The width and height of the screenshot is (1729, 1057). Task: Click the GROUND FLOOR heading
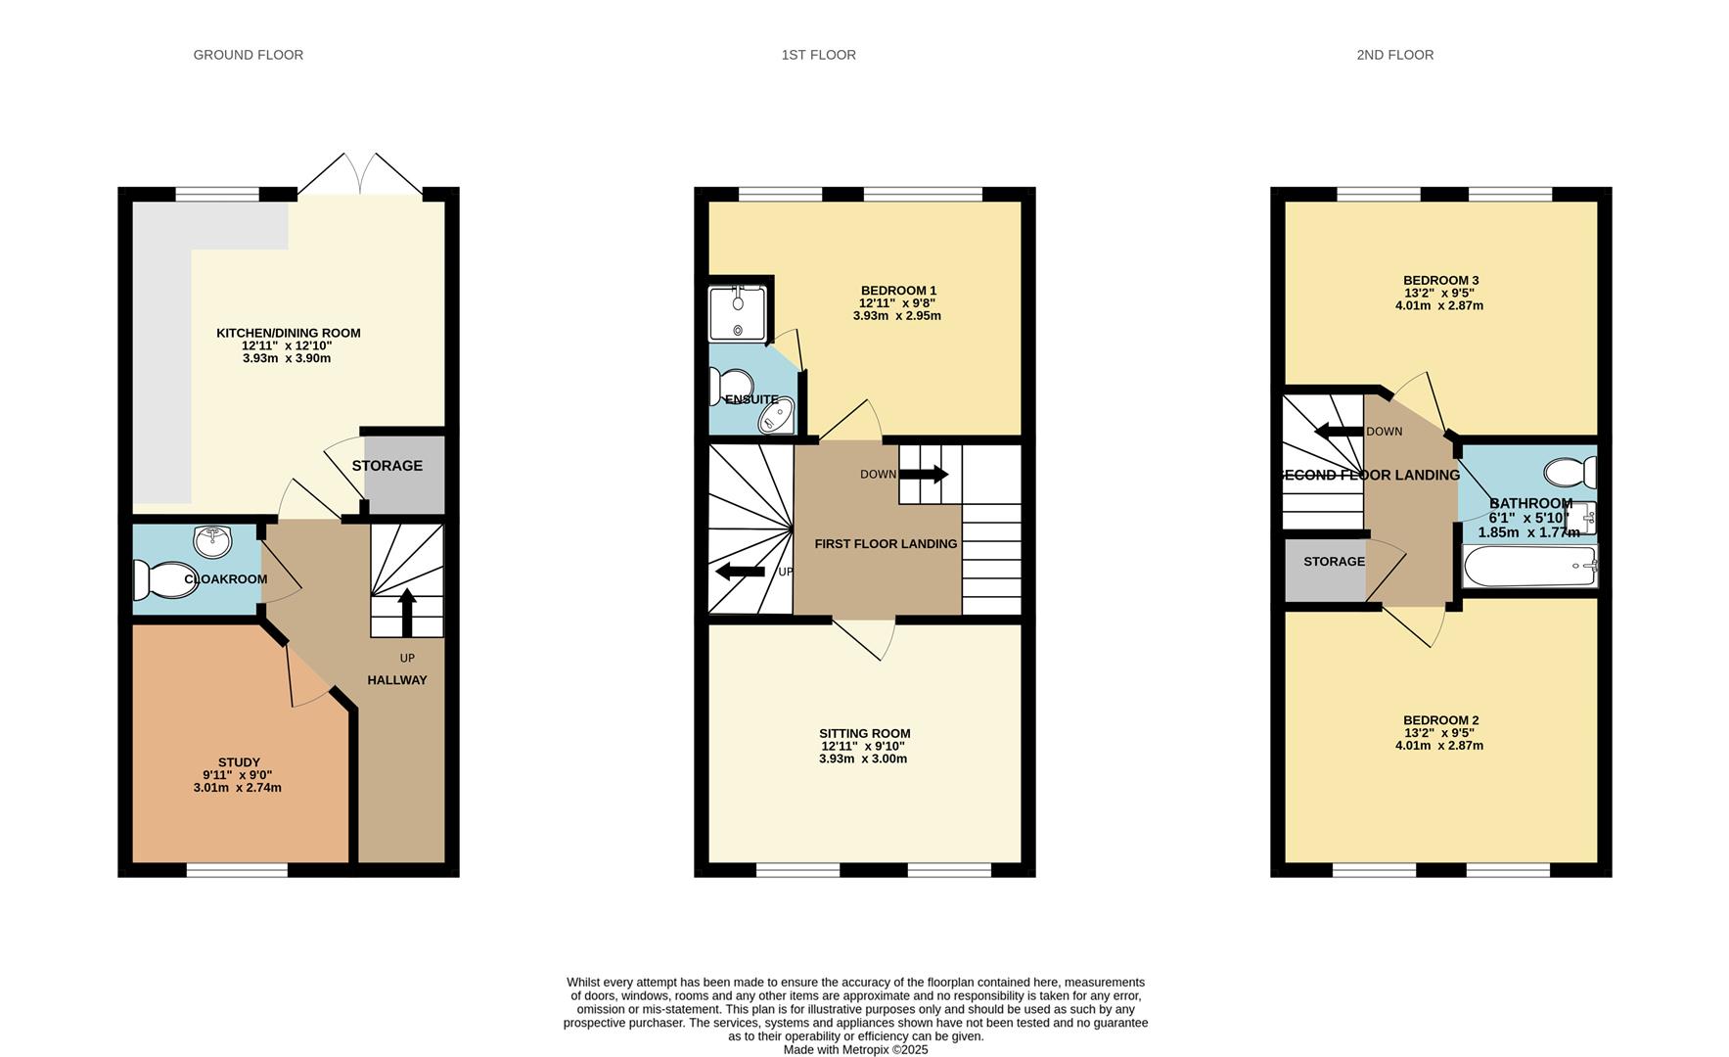tap(249, 55)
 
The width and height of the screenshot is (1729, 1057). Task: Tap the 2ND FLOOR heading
tap(1394, 55)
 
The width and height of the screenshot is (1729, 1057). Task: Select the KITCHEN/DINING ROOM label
tap(289, 333)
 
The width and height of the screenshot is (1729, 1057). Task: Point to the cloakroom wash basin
tap(212, 539)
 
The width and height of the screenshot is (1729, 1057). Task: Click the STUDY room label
tap(239, 762)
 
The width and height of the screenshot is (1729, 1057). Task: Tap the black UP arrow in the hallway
tap(407, 614)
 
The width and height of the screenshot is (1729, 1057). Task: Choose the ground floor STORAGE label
tap(387, 466)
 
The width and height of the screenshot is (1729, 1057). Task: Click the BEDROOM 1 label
tap(898, 291)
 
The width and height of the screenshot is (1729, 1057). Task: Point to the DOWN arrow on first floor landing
tap(924, 475)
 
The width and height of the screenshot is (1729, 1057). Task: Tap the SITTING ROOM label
tap(865, 733)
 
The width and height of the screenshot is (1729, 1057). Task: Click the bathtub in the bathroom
tap(1529, 567)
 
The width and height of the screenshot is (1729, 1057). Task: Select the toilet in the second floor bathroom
tap(1571, 473)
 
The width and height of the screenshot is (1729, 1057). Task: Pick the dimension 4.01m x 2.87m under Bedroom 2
tap(1439, 746)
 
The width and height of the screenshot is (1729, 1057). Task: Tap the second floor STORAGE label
tap(1334, 562)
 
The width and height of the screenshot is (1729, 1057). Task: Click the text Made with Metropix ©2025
tap(855, 1050)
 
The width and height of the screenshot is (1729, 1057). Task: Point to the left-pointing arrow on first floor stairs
tap(741, 572)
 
